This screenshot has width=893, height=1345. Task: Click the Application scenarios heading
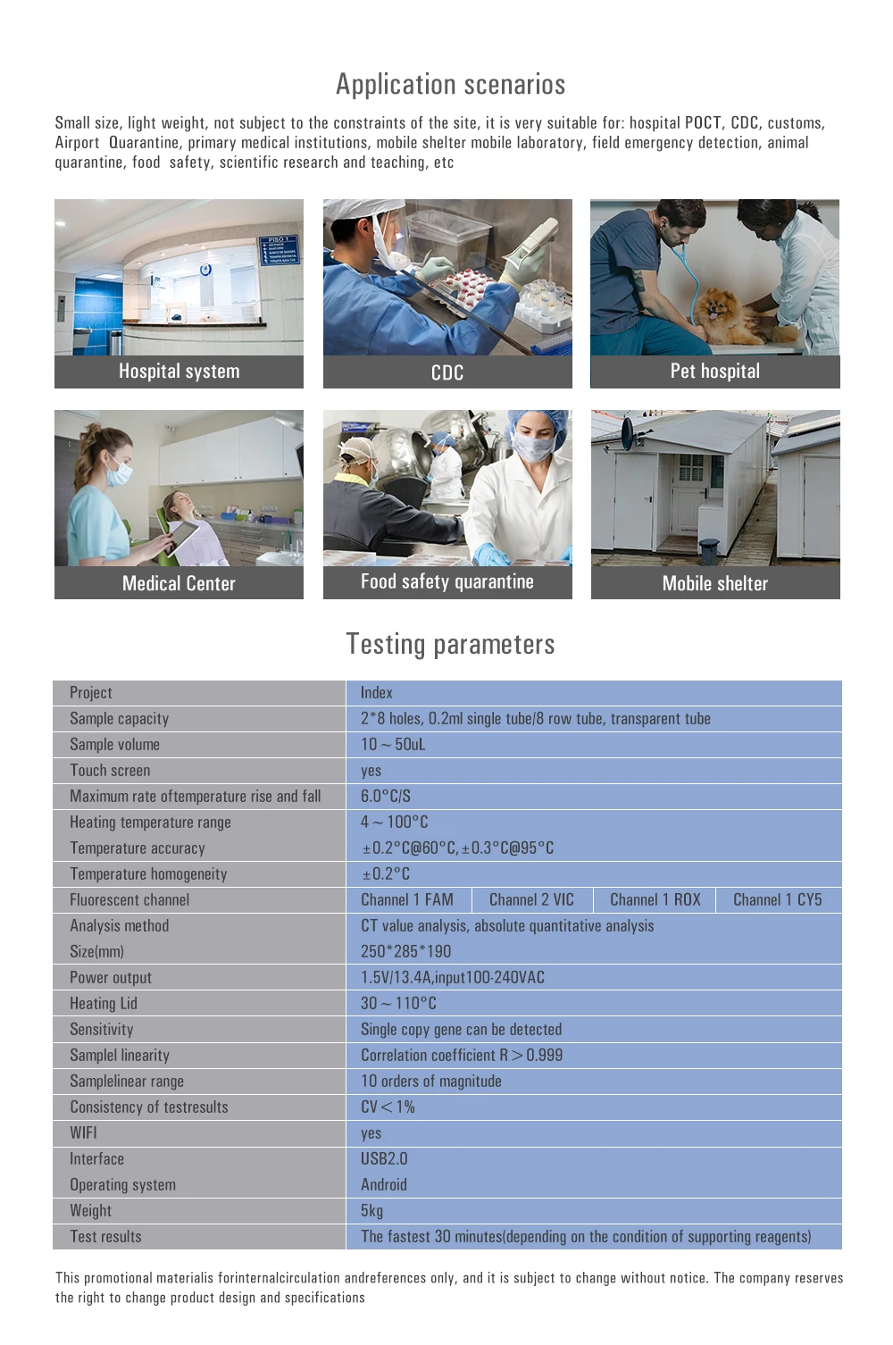tap(450, 84)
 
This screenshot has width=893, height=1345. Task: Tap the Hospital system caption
tap(179, 372)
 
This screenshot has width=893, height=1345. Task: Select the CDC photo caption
tap(447, 372)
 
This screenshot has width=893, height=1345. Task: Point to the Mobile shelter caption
tap(714, 583)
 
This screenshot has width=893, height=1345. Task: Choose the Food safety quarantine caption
tap(446, 581)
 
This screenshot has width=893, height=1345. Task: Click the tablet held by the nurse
tap(182, 537)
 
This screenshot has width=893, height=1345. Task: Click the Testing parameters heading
tap(450, 644)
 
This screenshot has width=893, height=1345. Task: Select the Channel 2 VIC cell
tap(531, 899)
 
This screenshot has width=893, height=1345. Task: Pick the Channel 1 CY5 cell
tap(777, 899)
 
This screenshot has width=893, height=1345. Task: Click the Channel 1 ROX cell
tap(655, 899)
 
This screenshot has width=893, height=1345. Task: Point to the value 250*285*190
tap(405, 951)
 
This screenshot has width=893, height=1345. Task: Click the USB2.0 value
tap(384, 1158)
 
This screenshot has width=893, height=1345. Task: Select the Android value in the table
tap(384, 1184)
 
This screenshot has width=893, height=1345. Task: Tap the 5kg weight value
tap(371, 1210)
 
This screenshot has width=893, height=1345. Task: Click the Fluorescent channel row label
tap(129, 899)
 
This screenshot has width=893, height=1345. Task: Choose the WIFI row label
tap(83, 1132)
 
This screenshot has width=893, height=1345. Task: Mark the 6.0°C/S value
tap(386, 796)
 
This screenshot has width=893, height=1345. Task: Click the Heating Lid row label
tap(104, 1003)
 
